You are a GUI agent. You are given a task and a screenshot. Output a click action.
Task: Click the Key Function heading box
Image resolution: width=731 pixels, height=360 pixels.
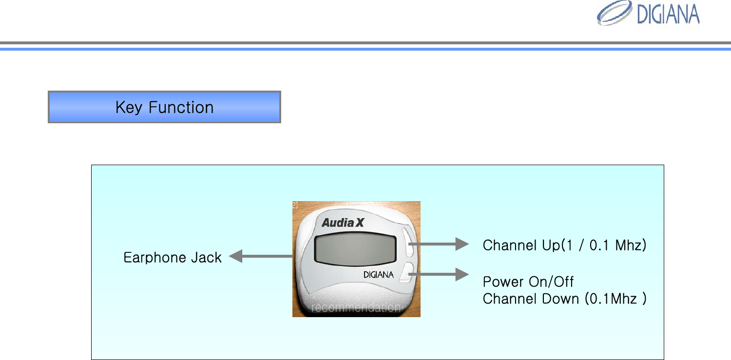pyautogui.click(x=164, y=107)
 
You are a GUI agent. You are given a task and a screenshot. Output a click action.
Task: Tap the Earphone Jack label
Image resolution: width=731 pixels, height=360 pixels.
pyautogui.click(x=173, y=257)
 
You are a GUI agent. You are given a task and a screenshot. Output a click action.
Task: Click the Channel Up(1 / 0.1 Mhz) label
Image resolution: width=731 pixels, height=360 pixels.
pyautogui.click(x=564, y=245)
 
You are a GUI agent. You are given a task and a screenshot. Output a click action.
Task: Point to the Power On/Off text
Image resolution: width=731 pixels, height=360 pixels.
pyautogui.click(x=528, y=282)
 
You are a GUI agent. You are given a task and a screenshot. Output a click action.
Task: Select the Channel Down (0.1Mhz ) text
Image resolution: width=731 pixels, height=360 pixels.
pyautogui.click(x=564, y=299)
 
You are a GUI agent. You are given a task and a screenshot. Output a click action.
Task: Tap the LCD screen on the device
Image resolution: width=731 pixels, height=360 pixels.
pyautogui.click(x=355, y=249)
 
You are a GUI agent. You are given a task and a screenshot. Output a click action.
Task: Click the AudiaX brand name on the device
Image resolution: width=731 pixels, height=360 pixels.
pyautogui.click(x=343, y=223)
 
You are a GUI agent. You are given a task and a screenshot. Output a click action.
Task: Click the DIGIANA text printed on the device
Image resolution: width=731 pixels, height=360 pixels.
pyautogui.click(x=378, y=275)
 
